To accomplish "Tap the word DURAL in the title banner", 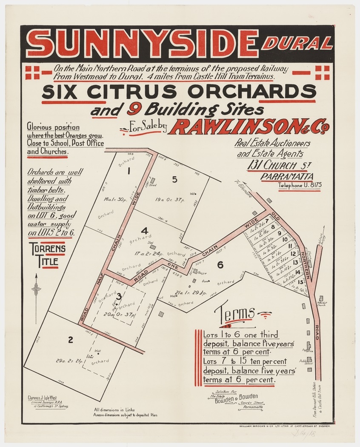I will (x=297, y=43).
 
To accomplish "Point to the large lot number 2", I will (x=70, y=339).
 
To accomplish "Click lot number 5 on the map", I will (x=174, y=179).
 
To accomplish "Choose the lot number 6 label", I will (x=220, y=265).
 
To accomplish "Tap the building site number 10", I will (x=285, y=240).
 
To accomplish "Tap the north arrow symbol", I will (x=37, y=289).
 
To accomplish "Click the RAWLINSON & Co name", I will (x=251, y=126).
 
